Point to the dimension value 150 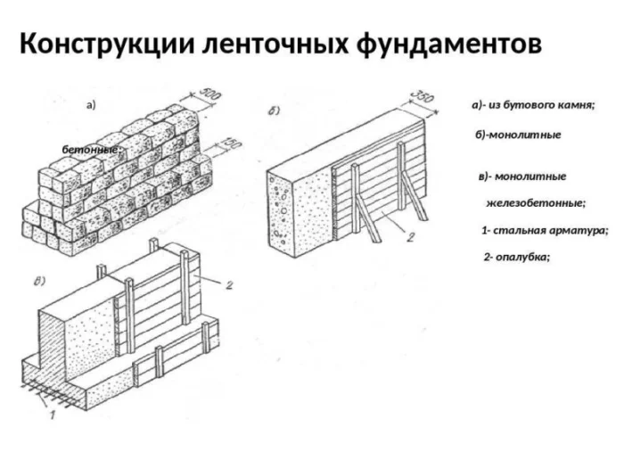click(x=230, y=144)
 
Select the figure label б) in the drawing click(x=275, y=111)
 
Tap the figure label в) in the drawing click(x=40, y=283)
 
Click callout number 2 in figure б click(x=409, y=237)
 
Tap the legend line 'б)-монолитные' click(x=519, y=135)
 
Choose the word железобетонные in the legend click(x=535, y=203)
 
